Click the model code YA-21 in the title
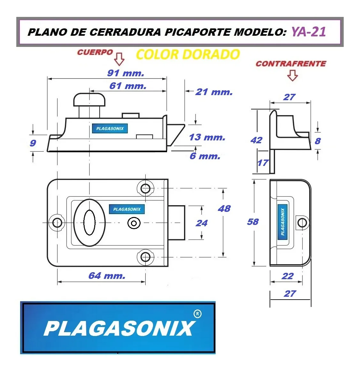[x=309, y=32]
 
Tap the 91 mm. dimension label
[x=126, y=73]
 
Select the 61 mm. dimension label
[x=128, y=86]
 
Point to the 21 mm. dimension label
[x=214, y=92]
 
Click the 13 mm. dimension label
[x=207, y=137]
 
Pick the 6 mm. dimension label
[x=205, y=156]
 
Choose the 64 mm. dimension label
[x=107, y=276]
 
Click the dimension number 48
[x=224, y=209]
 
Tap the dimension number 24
[x=202, y=223]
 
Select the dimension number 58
[x=253, y=222]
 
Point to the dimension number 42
[x=257, y=140]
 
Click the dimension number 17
[x=263, y=163]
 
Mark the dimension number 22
[x=287, y=276]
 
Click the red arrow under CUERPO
[x=119, y=59]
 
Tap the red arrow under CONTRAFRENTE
[x=292, y=75]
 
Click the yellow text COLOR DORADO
[x=188, y=55]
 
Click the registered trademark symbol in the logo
[x=198, y=314]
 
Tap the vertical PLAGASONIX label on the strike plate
[x=283, y=222]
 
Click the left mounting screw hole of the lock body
[x=57, y=223]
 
